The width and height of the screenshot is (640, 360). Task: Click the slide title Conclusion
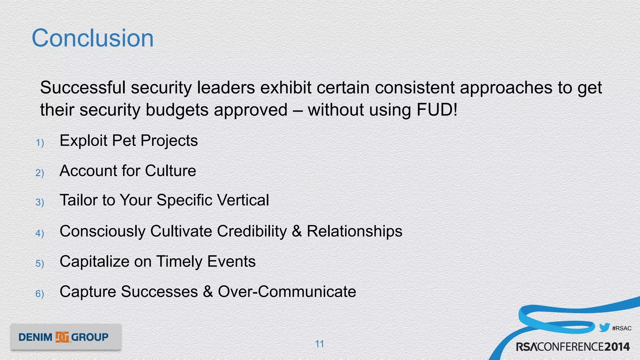(92, 38)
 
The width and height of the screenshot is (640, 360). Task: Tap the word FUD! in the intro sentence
(437, 110)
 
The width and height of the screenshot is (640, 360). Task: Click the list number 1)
(40, 143)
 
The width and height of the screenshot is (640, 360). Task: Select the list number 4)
(40, 233)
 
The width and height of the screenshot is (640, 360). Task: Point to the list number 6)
(40, 294)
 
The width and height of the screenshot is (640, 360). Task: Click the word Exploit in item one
(83, 141)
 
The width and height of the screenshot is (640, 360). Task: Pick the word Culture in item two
(170, 171)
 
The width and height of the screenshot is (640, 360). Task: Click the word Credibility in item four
(252, 231)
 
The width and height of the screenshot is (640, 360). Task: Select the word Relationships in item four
(354, 231)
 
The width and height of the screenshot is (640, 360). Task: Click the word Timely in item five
(179, 262)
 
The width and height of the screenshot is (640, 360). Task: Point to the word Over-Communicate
(287, 292)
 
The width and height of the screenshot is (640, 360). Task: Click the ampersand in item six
(208, 292)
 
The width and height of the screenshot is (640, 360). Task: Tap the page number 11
(319, 344)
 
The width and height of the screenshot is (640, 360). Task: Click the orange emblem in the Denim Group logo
(62, 337)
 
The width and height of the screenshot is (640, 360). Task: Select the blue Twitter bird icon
(604, 327)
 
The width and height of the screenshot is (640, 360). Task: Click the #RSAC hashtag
(622, 328)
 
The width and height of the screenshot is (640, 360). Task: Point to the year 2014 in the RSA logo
(617, 347)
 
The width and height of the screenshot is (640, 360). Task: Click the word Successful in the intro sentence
(82, 87)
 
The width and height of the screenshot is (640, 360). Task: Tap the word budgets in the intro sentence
(177, 110)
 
